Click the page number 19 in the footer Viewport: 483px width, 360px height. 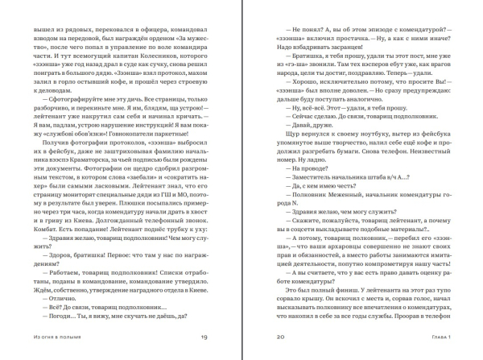click(x=204, y=337)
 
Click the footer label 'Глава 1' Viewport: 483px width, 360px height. click(x=435, y=337)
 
